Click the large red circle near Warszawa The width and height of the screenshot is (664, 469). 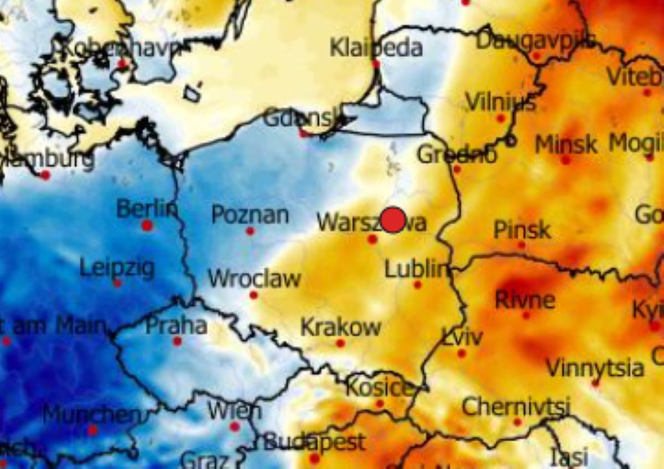[x=393, y=220]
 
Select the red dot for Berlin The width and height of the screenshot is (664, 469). [x=147, y=226]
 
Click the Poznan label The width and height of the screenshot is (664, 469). [x=250, y=215]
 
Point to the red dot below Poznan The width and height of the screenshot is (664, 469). [x=250, y=231]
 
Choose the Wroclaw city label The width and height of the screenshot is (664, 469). [x=255, y=278]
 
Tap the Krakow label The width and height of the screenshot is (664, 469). [x=340, y=327]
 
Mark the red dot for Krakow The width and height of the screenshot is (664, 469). [x=340, y=343]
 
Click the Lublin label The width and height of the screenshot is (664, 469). [x=416, y=269]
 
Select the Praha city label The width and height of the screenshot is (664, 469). [x=176, y=325]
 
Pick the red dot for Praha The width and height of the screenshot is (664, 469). [x=177, y=341]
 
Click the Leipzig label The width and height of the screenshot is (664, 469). [x=117, y=268]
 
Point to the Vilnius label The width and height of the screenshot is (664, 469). [x=500, y=102]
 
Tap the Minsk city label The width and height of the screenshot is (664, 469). [x=566, y=144]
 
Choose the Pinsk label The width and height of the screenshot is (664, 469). [x=522, y=229]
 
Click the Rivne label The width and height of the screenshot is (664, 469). [x=525, y=299]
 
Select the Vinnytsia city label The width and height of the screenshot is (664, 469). [x=595, y=367]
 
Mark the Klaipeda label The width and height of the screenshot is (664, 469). [x=376, y=48]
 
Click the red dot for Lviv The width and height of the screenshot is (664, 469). [x=461, y=353]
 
